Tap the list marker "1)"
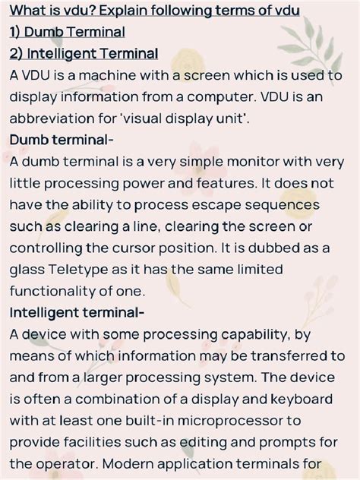pyautogui.click(x=19, y=33)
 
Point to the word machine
pyautogui.click(x=104, y=76)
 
